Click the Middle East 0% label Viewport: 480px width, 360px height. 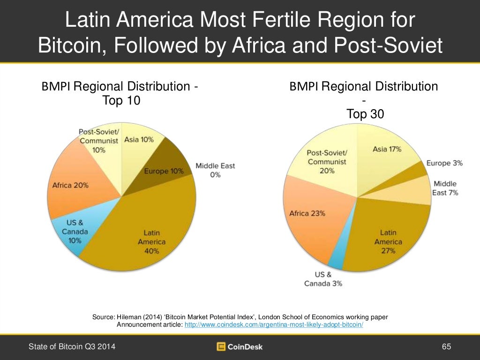215,170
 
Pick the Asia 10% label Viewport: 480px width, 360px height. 139,140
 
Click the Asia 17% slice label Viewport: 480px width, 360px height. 387,149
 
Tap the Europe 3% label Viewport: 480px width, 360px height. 444,163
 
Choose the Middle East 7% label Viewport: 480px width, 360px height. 445,188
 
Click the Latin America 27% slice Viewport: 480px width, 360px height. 388,241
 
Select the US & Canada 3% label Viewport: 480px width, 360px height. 323,279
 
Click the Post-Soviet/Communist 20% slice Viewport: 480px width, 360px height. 327,162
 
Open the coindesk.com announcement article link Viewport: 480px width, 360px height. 274,324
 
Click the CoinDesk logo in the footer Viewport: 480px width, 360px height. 240,347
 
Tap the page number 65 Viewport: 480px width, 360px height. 446,347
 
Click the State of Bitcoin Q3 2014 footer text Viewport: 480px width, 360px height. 72,347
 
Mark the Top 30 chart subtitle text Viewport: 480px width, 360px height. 365,114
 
